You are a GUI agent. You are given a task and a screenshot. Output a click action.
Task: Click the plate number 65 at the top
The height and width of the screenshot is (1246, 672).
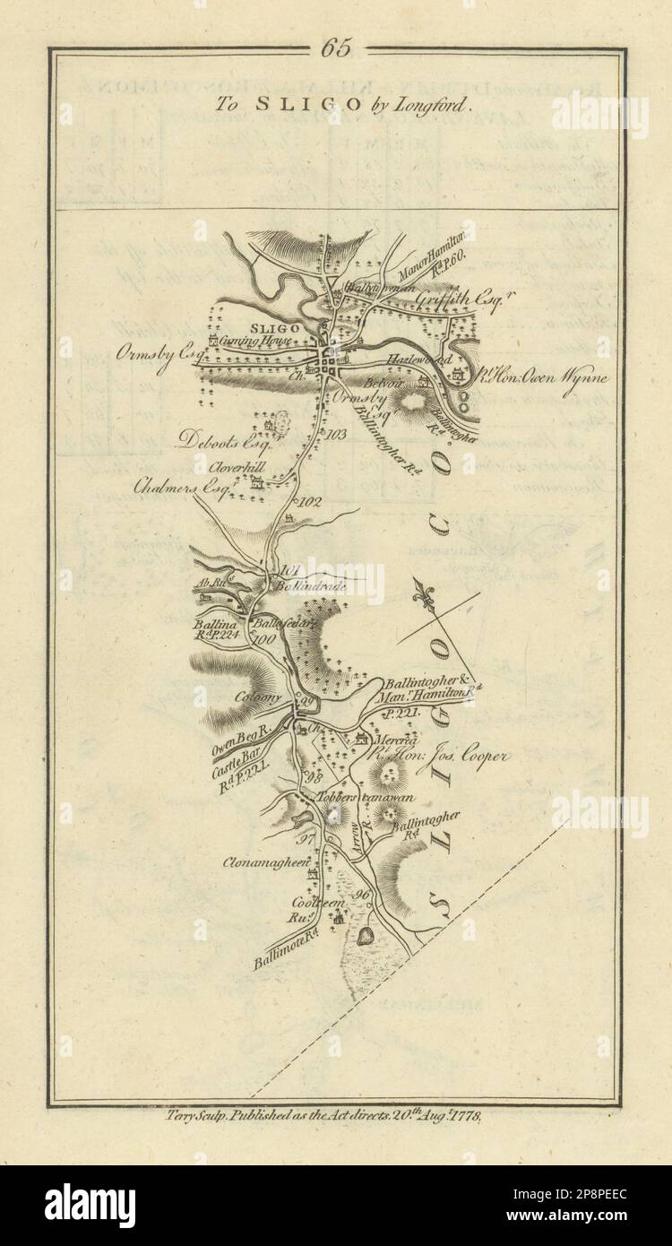[x=336, y=48]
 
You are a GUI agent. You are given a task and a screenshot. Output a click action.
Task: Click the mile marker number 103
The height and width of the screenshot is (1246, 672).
[x=336, y=435]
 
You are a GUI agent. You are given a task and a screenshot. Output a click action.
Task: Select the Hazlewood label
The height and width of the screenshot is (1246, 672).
[x=409, y=358]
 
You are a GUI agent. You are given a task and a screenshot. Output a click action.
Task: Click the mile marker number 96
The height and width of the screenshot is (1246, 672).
[x=361, y=896]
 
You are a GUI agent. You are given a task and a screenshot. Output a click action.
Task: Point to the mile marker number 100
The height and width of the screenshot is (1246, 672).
[x=263, y=639]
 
